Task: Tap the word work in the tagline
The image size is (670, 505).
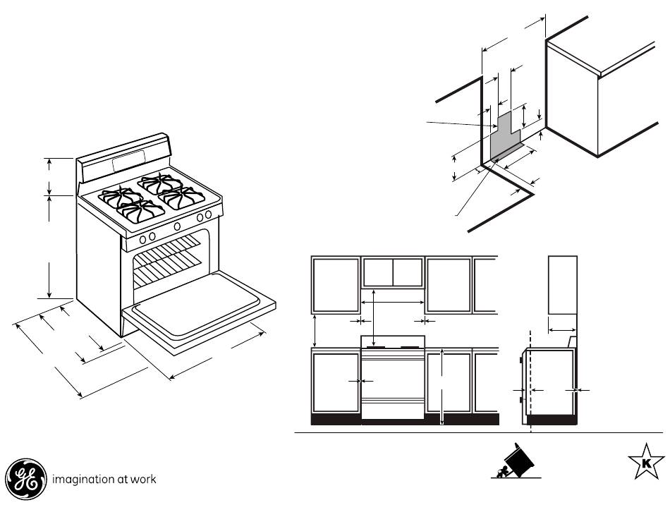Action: click(x=143, y=479)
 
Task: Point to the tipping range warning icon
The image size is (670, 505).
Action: click(x=514, y=463)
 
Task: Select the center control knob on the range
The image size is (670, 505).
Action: click(x=176, y=226)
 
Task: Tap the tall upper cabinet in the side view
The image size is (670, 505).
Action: click(x=563, y=285)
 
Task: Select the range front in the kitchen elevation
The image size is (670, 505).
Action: click(x=393, y=384)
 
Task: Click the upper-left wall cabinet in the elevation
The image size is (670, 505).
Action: click(x=335, y=285)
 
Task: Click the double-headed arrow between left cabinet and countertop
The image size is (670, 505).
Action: click(x=315, y=330)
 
